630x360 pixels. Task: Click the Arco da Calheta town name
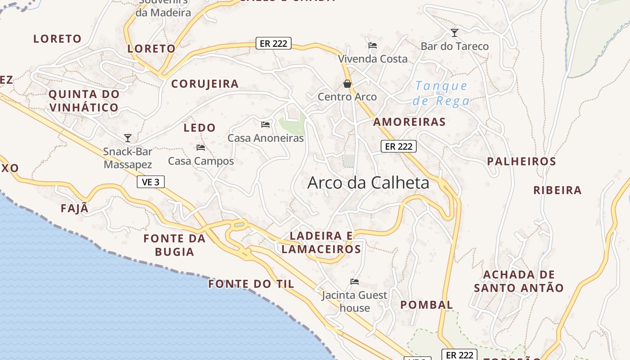[368, 183]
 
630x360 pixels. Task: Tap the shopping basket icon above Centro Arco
[347, 84]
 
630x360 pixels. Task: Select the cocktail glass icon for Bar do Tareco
[454, 33]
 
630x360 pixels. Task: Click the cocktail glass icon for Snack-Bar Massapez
[128, 138]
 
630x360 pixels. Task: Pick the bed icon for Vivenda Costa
[373, 45]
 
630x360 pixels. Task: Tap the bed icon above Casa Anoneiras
[265, 124]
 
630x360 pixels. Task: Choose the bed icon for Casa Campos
[201, 148]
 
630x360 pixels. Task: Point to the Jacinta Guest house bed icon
[355, 282]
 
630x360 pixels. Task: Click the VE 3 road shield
[151, 182]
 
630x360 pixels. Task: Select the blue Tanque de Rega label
[441, 93]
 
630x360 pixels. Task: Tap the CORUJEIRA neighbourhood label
[205, 84]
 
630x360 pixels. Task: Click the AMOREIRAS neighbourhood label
[409, 122]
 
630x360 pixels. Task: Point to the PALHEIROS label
[522, 161]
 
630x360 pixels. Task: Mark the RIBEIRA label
[558, 190]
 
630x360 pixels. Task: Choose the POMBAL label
[427, 305]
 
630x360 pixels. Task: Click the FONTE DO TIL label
[251, 284]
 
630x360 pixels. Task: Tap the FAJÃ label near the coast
[75, 209]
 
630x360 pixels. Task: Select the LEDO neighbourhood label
[199, 128]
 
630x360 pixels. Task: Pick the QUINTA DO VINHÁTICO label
[84, 101]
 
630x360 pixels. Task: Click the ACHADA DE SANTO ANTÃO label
[519, 281]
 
